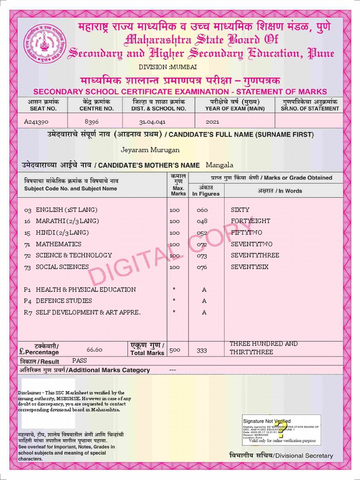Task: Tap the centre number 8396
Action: tap(92, 121)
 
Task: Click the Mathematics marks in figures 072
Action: tap(202, 244)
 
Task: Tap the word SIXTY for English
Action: tap(240, 210)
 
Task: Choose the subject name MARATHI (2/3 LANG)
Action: tap(67, 221)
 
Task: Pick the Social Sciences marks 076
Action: tap(202, 267)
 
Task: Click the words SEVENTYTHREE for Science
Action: tap(255, 255)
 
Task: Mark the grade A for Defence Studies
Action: tap(204, 301)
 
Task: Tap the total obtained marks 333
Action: tap(202, 350)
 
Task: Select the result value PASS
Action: tap(80, 361)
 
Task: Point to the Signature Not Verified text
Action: tap(266, 421)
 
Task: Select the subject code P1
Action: tap(28, 290)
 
